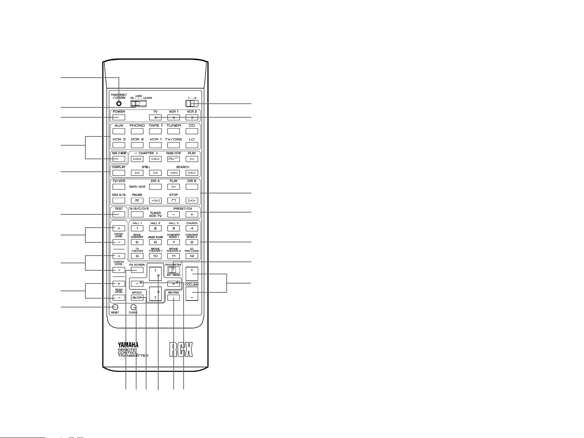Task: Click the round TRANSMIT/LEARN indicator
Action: pos(119,104)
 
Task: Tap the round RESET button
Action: pos(115,307)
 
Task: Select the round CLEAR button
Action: pos(133,307)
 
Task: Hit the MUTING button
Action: pos(174,298)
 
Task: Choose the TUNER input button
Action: pos(174,131)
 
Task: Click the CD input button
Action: pos(192,131)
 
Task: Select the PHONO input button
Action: pos(137,131)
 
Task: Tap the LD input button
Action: pos(192,145)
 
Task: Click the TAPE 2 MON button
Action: pos(119,159)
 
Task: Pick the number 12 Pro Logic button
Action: pos(192,256)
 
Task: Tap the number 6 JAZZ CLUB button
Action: pos(155,242)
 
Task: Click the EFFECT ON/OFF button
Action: pos(137,298)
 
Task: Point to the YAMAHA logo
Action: pos(128,345)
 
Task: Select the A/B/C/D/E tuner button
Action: pos(137,214)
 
